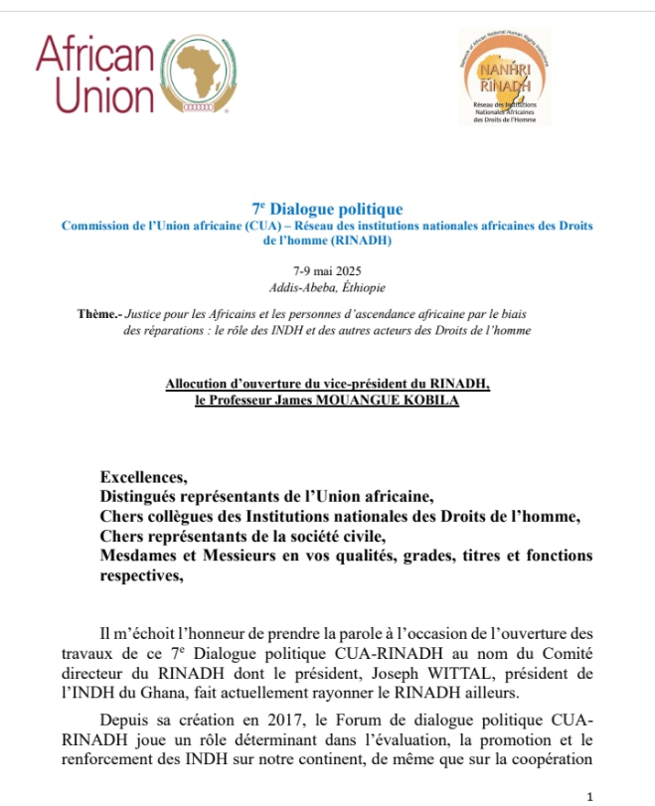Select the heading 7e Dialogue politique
(327, 209)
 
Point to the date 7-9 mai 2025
(327, 271)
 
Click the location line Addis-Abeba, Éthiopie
(327, 287)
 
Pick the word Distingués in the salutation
(143, 496)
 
